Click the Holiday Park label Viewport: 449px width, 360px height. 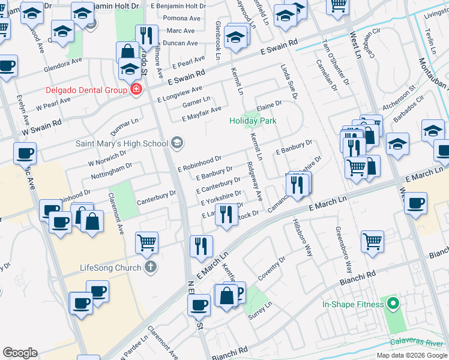tap(253, 121)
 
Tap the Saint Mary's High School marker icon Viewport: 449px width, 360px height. tap(176, 143)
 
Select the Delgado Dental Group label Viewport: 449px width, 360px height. tap(86, 90)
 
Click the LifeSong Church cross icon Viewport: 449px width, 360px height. tap(150, 267)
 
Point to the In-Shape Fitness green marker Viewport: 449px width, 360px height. tap(393, 304)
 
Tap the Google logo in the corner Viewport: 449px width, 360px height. tap(20, 353)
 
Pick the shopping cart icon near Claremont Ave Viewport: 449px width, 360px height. tap(146, 242)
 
